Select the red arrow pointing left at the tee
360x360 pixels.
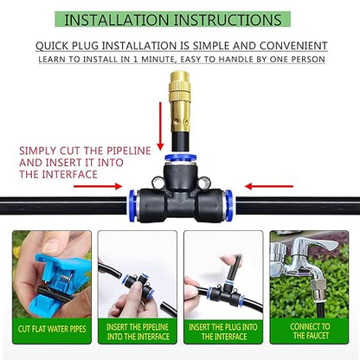tap(260, 185)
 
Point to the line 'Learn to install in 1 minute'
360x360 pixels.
tap(181, 59)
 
